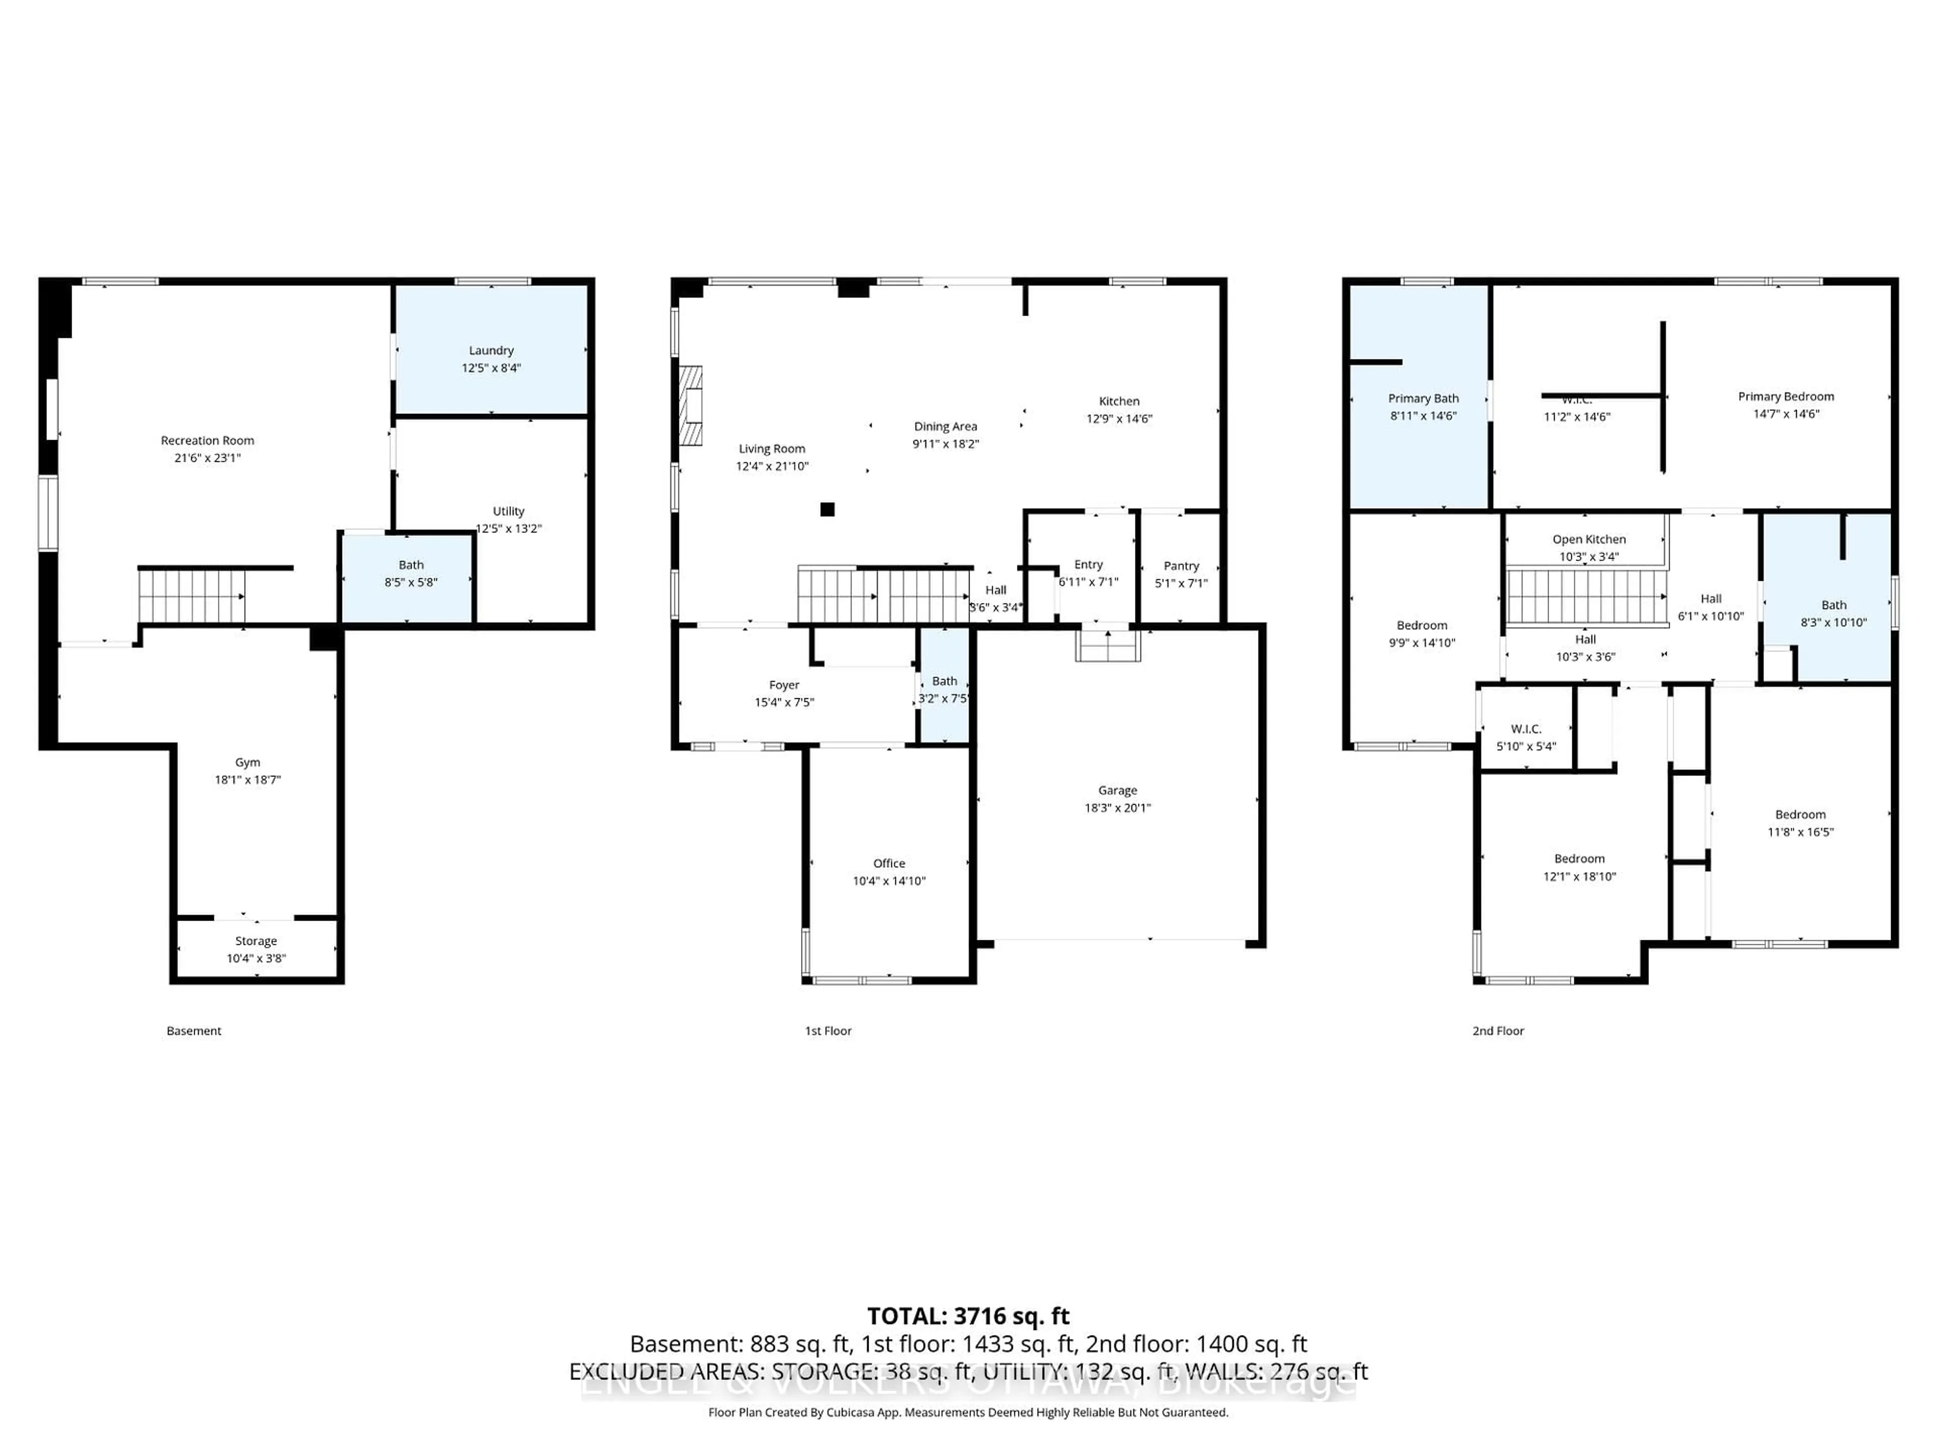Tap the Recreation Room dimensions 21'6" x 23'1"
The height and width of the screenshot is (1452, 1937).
pos(207,458)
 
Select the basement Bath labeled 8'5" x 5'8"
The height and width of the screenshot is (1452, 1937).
pos(411,574)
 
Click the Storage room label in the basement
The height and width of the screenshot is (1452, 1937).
pos(256,941)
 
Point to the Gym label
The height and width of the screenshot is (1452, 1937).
pos(248,762)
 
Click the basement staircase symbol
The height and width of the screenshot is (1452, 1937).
pos(191,596)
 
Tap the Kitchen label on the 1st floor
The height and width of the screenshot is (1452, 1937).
pos(1119,401)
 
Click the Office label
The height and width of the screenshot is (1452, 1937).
pos(889,863)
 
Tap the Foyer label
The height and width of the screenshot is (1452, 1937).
pos(784,685)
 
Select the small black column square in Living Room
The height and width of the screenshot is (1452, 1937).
pos(827,509)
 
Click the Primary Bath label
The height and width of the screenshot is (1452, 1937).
pos(1423,398)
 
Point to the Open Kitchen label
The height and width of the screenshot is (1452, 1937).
pos(1588,539)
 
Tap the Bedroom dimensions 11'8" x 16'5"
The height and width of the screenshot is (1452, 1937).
pos(1800,832)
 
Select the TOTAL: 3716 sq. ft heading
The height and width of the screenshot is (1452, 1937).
pos(967,1316)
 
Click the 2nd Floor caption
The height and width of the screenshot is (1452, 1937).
pos(1498,1031)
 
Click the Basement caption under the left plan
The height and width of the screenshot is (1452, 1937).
pos(194,1031)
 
